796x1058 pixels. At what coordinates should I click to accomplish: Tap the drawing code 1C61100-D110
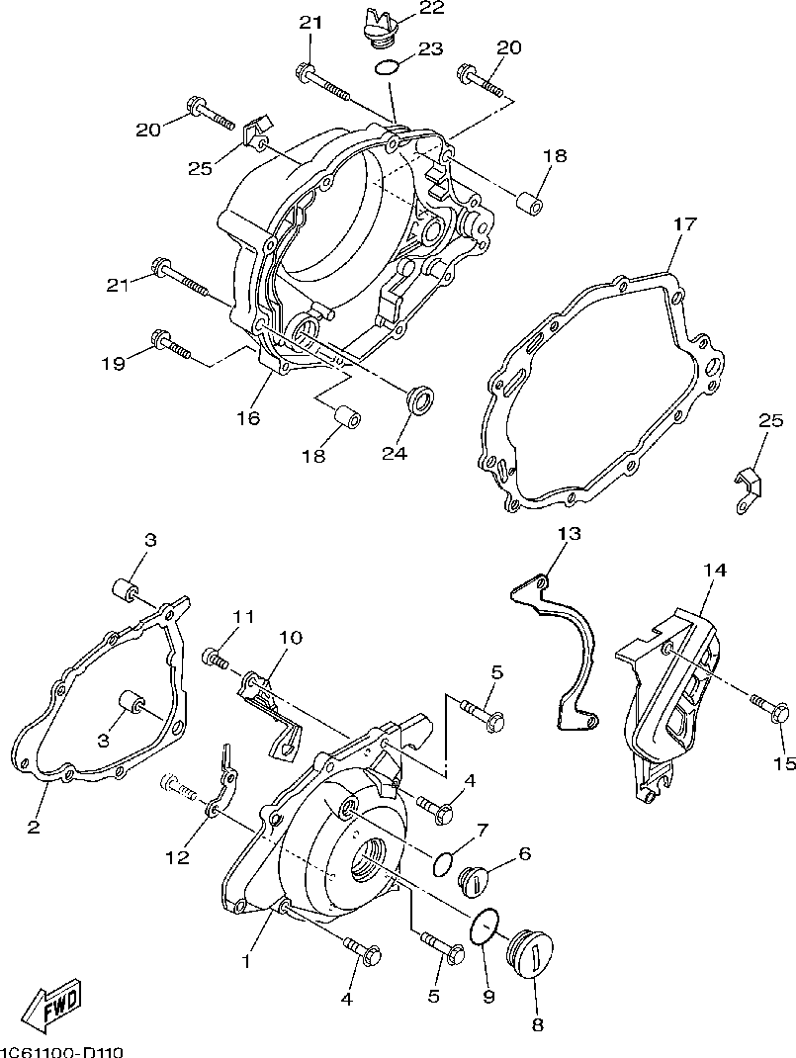tap(62, 1051)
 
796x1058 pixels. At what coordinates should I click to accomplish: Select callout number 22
tap(431, 9)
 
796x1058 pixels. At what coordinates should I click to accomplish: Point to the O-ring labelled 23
tap(388, 68)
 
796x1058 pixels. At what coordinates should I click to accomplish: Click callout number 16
tap(247, 418)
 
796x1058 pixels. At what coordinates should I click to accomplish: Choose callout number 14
tap(715, 571)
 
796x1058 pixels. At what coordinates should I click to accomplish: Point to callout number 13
tap(569, 533)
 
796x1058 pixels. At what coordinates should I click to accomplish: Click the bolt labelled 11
tap(217, 656)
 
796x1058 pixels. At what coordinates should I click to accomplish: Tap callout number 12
tap(177, 858)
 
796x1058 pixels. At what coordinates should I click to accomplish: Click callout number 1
tap(247, 959)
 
